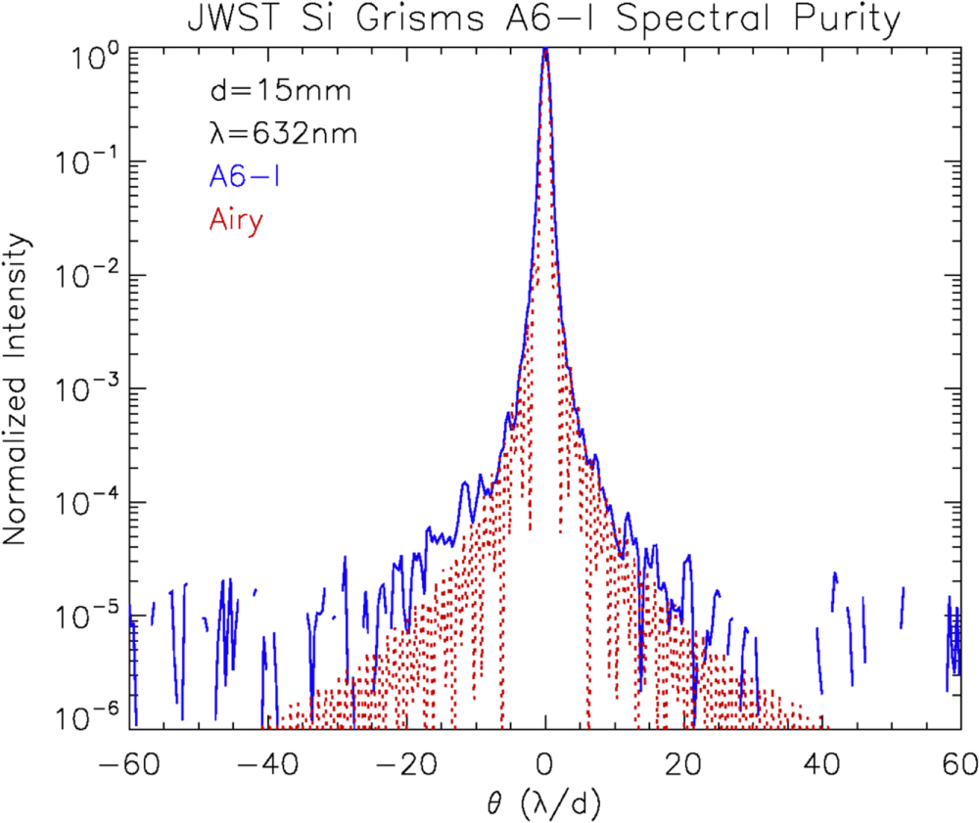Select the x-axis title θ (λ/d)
click(x=544, y=802)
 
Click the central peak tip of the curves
click(x=545, y=51)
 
